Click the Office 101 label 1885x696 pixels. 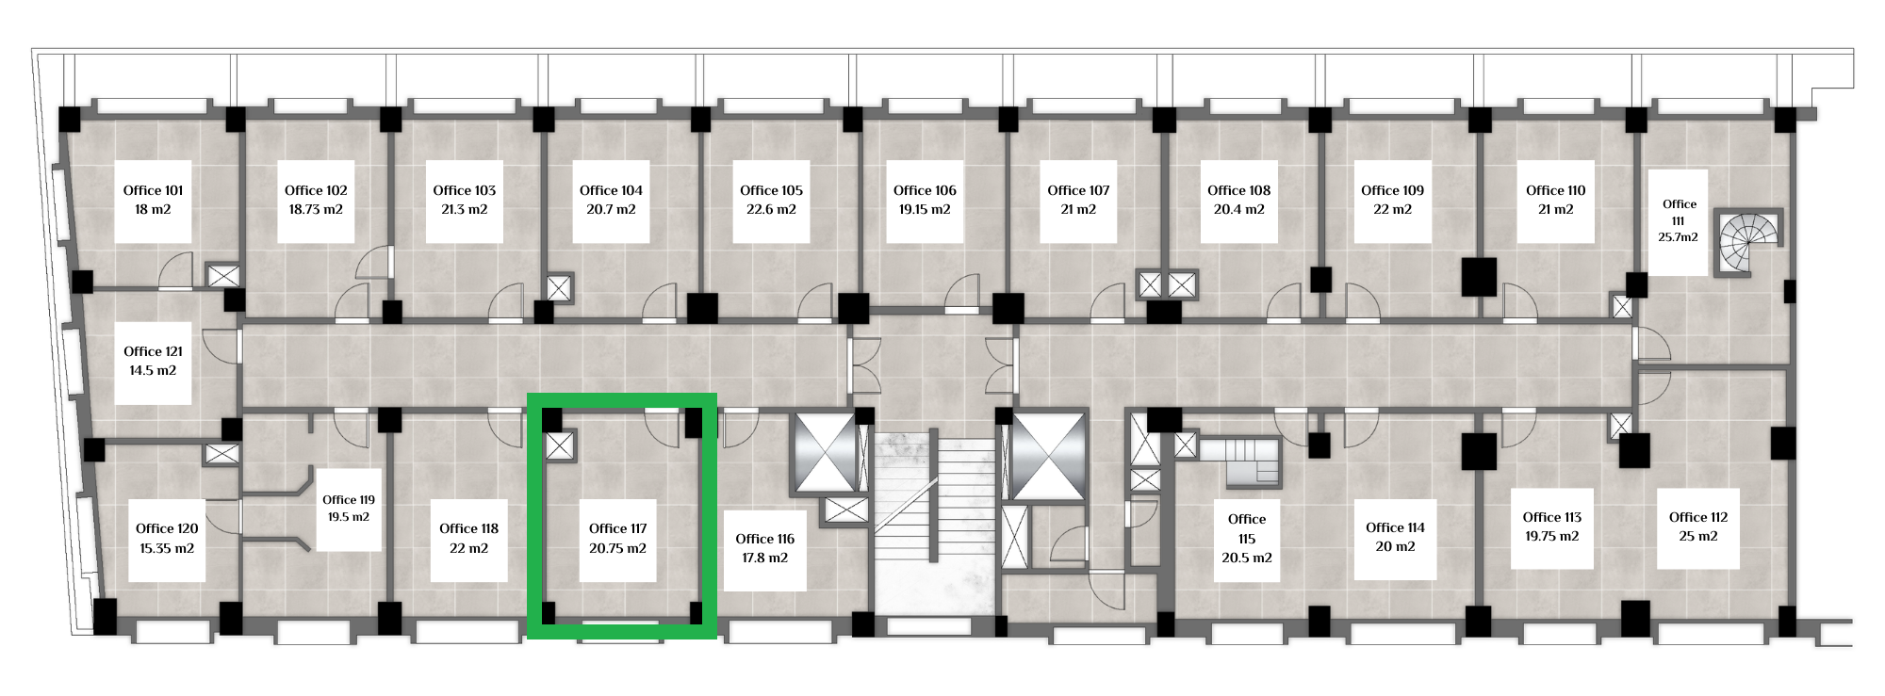pos(153,190)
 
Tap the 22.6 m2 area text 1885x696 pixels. pos(771,209)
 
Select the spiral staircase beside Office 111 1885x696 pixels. pos(1748,242)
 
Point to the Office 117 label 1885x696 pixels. pos(617,528)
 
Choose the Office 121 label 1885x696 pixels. pos(153,351)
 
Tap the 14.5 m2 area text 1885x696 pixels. pos(153,370)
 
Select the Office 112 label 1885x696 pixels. pos(1698,517)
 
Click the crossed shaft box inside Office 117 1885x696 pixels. pos(560,445)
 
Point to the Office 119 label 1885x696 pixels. pos(349,500)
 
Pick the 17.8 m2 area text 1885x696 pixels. pos(764,558)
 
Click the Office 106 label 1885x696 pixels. pos(925,190)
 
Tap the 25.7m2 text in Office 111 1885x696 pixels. pos(1679,237)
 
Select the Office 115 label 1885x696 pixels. pos(1247,528)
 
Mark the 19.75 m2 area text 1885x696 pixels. pos(1552,536)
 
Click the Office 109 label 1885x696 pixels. pos(1392,190)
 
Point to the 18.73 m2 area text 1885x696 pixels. pos(316,209)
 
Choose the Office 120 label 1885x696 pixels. pos(167,528)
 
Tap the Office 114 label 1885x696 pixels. pos(1395,527)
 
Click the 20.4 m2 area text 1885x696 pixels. pos(1239,209)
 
